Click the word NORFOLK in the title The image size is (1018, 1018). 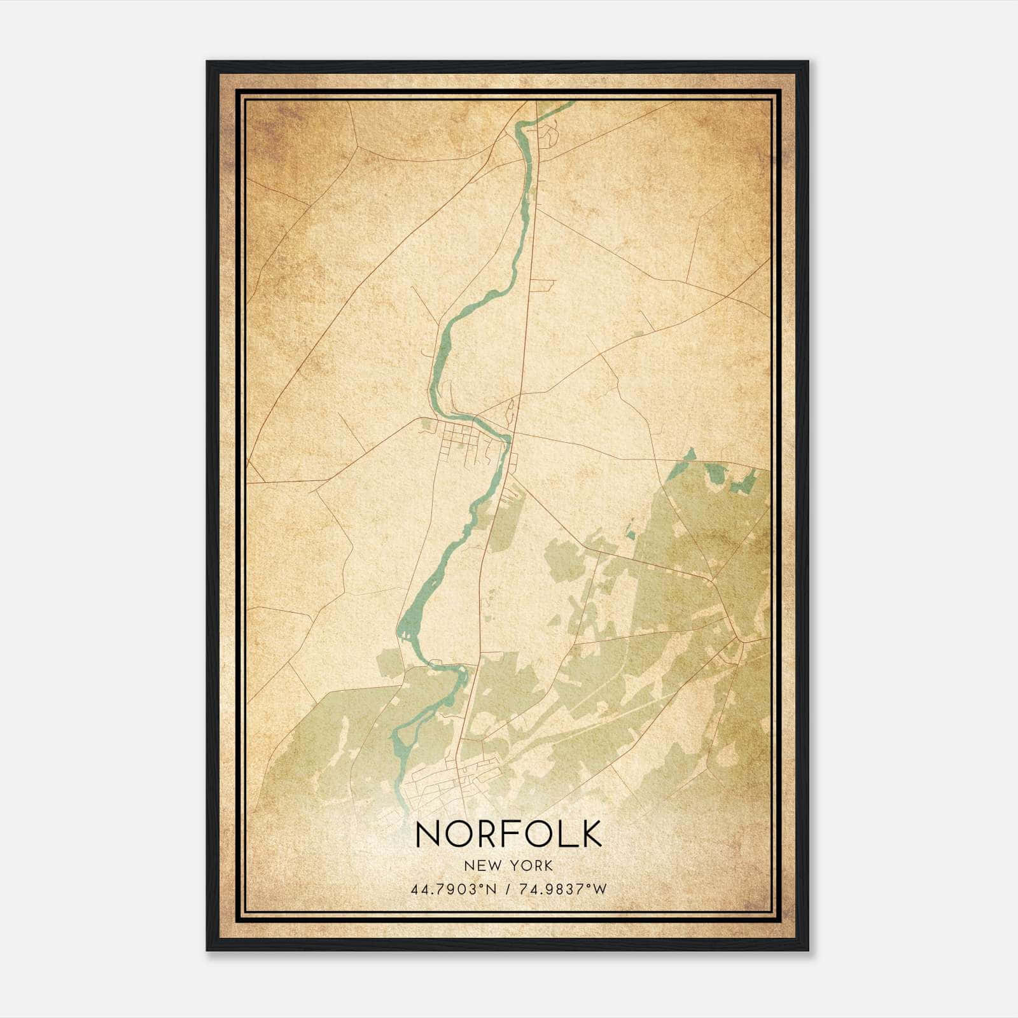point(508,833)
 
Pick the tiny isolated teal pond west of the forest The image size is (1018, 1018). point(631,533)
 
